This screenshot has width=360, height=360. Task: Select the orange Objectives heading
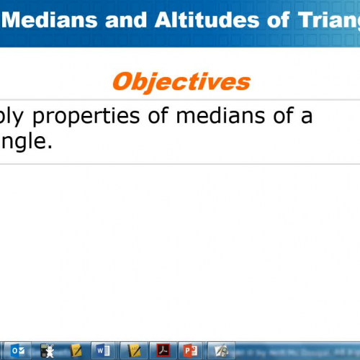pyautogui.click(x=181, y=81)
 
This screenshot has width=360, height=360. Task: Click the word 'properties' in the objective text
pyautogui.click(x=105, y=117)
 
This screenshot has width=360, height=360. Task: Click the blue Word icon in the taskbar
pyautogui.click(x=101, y=351)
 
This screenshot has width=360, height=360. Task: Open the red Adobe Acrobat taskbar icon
pyautogui.click(x=163, y=351)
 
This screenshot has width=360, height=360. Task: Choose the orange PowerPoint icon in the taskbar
pyautogui.click(x=190, y=351)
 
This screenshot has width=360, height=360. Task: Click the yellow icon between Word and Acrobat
pyautogui.click(x=132, y=351)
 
